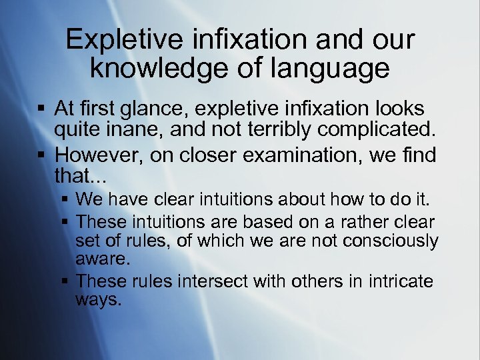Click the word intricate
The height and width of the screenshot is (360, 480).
394,281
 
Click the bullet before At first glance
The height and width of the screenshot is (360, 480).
42,109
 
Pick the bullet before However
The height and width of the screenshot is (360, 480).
42,155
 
